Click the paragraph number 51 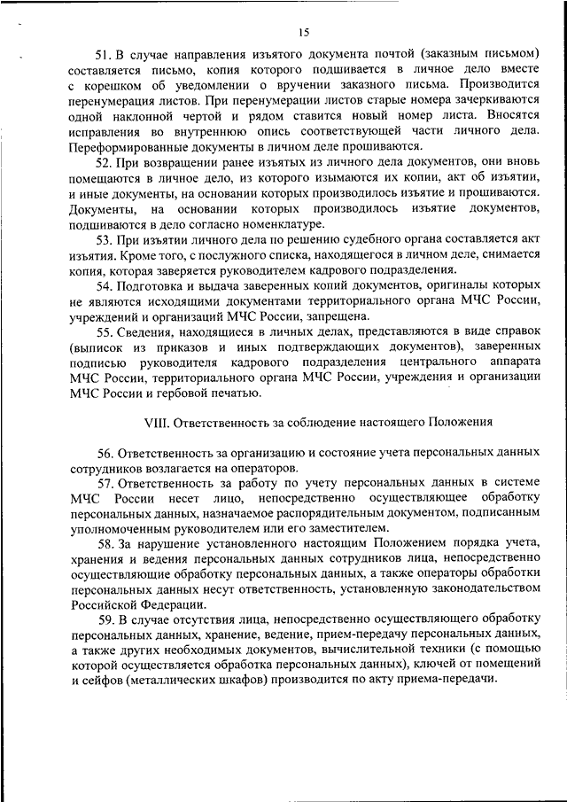pos(105,55)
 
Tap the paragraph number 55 pos(105,332)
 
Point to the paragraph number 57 pos(105,483)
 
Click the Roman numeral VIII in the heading pos(158,420)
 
